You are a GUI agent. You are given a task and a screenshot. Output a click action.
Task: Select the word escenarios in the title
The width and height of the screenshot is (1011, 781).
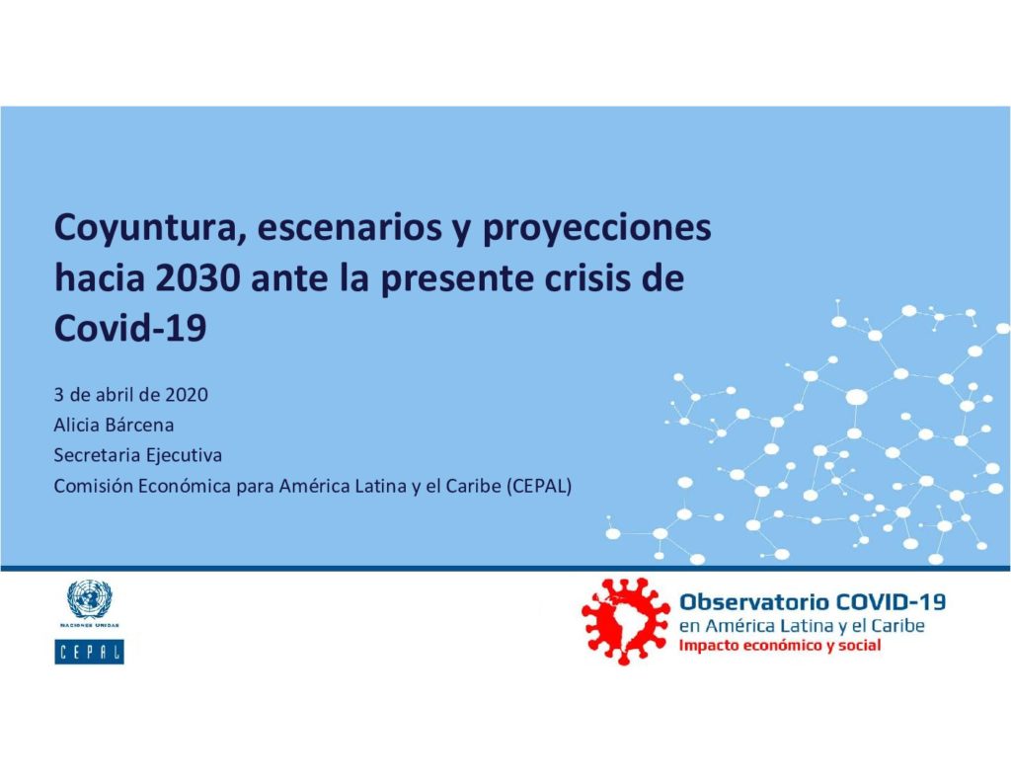coord(354,227)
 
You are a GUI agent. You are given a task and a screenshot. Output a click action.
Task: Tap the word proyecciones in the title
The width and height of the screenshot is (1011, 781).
coord(597,229)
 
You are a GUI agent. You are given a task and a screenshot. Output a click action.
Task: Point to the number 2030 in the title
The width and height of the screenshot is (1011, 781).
coord(198,278)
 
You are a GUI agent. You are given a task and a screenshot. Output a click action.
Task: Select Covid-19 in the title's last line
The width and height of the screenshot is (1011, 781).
coord(130,328)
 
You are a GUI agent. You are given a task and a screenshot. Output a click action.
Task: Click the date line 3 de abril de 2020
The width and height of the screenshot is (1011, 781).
coord(131,395)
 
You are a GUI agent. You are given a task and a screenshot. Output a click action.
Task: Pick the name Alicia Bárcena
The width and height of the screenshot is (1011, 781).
coord(114,425)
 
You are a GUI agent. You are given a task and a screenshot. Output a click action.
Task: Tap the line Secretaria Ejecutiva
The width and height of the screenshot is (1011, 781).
coord(138,455)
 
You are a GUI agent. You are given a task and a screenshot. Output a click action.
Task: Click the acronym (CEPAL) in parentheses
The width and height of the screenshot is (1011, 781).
coord(539,486)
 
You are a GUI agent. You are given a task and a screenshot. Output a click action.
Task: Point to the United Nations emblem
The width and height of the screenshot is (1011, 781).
coord(90,599)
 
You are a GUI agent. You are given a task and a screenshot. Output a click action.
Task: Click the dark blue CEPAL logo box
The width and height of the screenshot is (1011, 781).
coord(89,652)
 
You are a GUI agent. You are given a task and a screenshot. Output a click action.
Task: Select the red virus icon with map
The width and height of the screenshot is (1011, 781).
coord(626,621)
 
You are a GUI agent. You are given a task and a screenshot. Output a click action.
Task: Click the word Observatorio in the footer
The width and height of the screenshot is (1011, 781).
coord(754,601)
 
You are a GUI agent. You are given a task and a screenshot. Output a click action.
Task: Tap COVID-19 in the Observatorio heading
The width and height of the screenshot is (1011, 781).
coord(891,601)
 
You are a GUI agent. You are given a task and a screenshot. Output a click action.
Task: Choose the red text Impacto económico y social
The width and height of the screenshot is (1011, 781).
coord(780,646)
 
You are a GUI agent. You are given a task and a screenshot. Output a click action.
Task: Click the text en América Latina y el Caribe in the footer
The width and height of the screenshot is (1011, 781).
coord(802,626)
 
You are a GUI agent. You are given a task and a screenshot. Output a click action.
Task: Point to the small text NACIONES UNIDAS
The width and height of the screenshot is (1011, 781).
coord(90,626)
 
